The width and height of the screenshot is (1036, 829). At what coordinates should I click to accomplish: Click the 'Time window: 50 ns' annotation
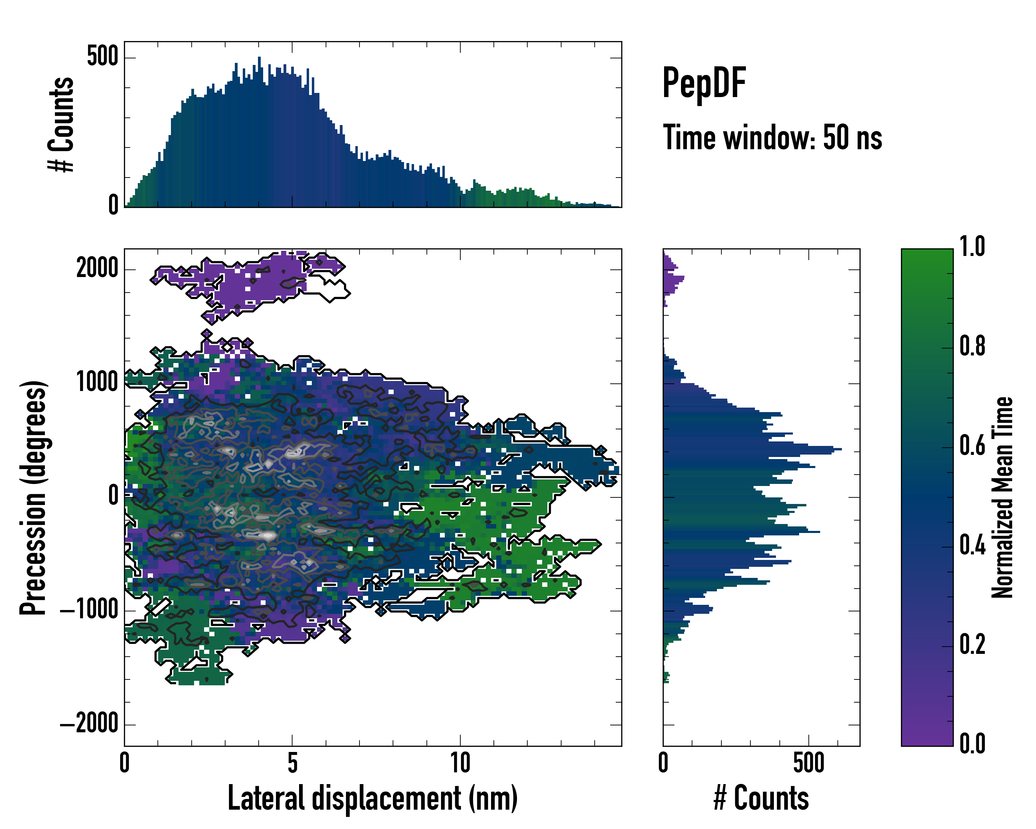tap(772, 137)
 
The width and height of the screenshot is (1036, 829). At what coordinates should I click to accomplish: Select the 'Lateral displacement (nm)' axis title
tap(372, 798)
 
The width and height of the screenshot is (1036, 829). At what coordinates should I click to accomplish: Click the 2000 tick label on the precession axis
tap(97, 268)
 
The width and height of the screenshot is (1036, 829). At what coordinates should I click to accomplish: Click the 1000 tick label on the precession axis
tap(97, 382)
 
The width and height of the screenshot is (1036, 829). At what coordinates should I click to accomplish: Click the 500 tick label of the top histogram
tap(102, 57)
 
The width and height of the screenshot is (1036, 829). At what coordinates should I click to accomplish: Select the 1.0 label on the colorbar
tap(972, 247)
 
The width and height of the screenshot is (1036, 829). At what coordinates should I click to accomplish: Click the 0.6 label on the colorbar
tap(972, 446)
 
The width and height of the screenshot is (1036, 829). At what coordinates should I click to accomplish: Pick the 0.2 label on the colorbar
tap(972, 645)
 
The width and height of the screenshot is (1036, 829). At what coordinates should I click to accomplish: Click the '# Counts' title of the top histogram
tap(61, 124)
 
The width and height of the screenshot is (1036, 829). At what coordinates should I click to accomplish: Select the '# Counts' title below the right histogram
tap(761, 798)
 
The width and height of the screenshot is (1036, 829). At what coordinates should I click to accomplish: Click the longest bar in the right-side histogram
tap(752, 449)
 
